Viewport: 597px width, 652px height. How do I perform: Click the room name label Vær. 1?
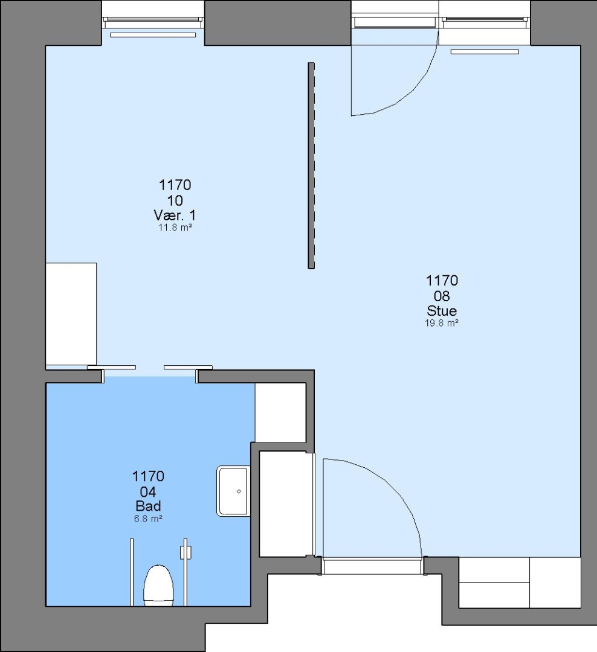click(175, 216)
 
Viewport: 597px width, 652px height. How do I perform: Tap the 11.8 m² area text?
click(175, 228)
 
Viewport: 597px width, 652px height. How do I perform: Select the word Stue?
click(442, 311)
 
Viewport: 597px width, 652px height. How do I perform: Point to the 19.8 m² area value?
click(442, 323)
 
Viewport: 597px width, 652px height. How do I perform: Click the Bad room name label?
click(148, 506)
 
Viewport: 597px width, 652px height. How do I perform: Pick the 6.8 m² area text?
click(148, 519)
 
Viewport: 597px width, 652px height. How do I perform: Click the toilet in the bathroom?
click(158, 585)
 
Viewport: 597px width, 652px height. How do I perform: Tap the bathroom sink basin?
click(233, 491)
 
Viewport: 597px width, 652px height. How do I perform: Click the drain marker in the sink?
click(239, 491)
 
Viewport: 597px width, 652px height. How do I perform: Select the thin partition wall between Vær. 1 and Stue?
click(311, 165)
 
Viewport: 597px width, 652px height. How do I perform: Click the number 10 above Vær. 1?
click(175, 201)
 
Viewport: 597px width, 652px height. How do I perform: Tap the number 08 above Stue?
click(442, 296)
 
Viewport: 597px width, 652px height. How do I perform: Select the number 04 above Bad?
click(148, 492)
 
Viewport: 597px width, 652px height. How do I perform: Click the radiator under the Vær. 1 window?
click(153, 35)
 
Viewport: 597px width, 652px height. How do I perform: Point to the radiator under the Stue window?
click(485, 52)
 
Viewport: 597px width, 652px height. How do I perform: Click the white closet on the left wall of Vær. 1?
click(71, 314)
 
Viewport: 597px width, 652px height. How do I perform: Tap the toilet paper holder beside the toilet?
click(186, 552)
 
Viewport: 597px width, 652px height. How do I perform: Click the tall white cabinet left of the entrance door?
click(286, 504)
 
